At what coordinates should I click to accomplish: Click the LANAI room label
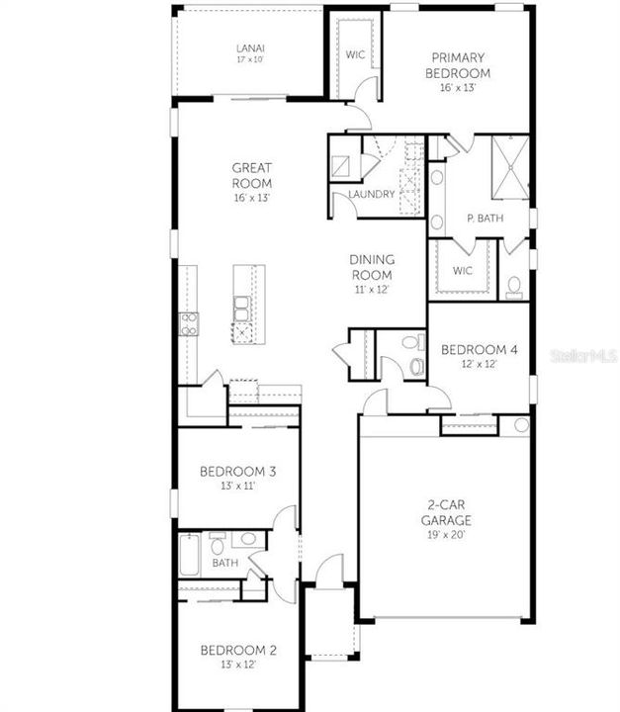pyautogui.click(x=249, y=48)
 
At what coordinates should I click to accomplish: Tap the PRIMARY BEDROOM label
pyautogui.click(x=458, y=65)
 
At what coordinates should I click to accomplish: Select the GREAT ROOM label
pyautogui.click(x=252, y=175)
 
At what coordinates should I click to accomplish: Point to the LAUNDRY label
pyautogui.click(x=371, y=194)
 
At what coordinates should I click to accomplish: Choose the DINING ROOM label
pyautogui.click(x=371, y=267)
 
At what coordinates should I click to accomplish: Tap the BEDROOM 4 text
pyautogui.click(x=478, y=350)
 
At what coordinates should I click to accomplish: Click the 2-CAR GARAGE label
pyautogui.click(x=443, y=512)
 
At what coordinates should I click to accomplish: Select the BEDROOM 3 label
pyautogui.click(x=237, y=471)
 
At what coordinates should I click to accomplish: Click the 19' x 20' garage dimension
pyautogui.click(x=443, y=534)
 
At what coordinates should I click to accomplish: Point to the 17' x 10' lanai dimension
pyautogui.click(x=249, y=60)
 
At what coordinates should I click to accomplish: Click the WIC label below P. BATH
pyautogui.click(x=462, y=270)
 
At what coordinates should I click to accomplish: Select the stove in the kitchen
pyautogui.click(x=188, y=323)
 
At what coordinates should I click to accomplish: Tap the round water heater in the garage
pyautogui.click(x=521, y=425)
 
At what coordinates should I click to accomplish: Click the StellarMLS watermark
pyautogui.click(x=583, y=354)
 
